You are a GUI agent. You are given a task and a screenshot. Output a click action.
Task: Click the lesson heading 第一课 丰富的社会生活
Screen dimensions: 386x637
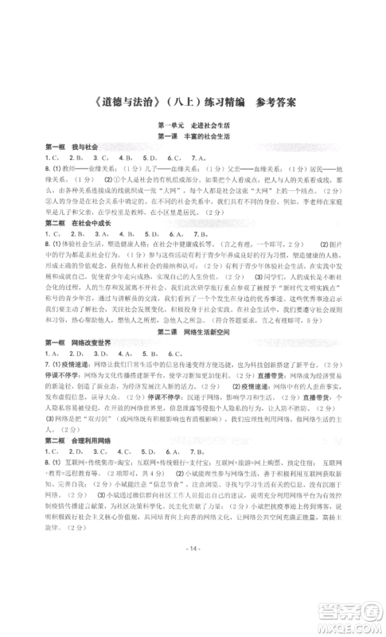coord(193,158)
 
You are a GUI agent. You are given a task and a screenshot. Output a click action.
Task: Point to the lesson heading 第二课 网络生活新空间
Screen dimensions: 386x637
coord(193,329)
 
